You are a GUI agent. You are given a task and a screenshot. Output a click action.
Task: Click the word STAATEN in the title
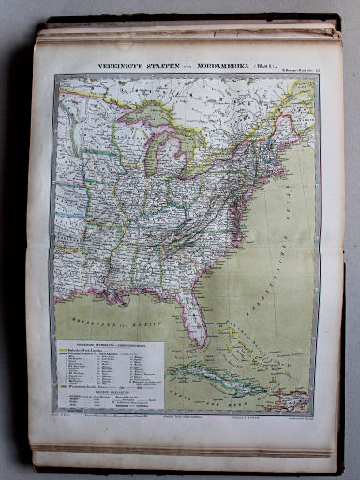pyautogui.click(x=167, y=67)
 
